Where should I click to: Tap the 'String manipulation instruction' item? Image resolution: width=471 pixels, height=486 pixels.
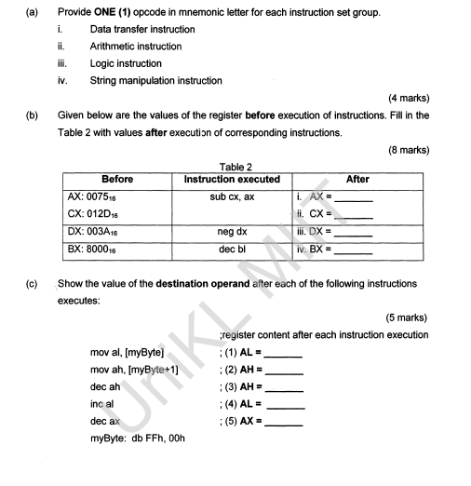[x=155, y=81]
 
